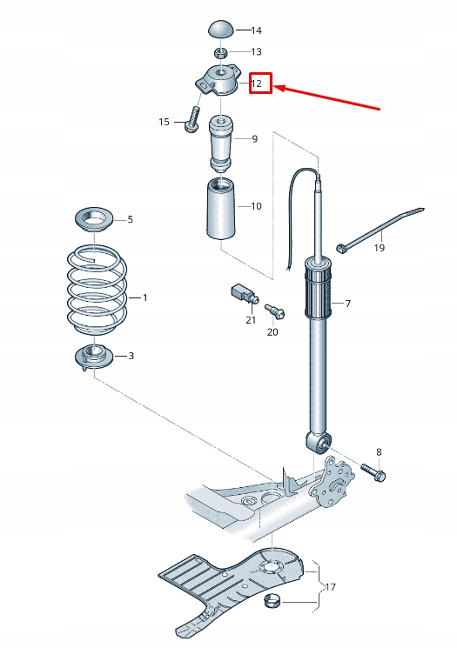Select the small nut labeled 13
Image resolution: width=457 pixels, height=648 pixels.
point(223,53)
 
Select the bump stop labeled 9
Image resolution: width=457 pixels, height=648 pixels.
point(222,140)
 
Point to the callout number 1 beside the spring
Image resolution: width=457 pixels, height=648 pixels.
point(144,298)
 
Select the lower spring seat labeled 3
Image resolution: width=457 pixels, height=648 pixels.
point(93,356)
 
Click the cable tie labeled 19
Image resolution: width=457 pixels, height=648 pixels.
point(383,230)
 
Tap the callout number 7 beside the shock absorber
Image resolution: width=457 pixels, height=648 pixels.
point(347,304)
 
